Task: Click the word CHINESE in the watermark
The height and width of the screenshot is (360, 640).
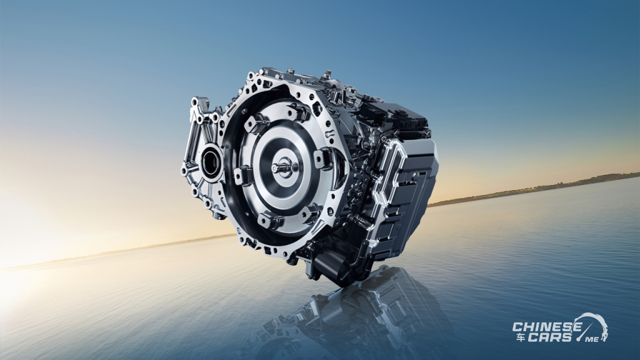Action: pyautogui.click(x=547, y=327)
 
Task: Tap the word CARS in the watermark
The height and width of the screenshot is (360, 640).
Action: pyautogui.click(x=550, y=337)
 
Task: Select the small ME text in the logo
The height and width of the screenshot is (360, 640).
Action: pyautogui.click(x=589, y=339)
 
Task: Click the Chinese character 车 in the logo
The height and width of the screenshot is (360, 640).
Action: pyautogui.click(x=519, y=337)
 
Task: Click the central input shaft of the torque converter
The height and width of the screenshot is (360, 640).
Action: pyautogui.click(x=282, y=167)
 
